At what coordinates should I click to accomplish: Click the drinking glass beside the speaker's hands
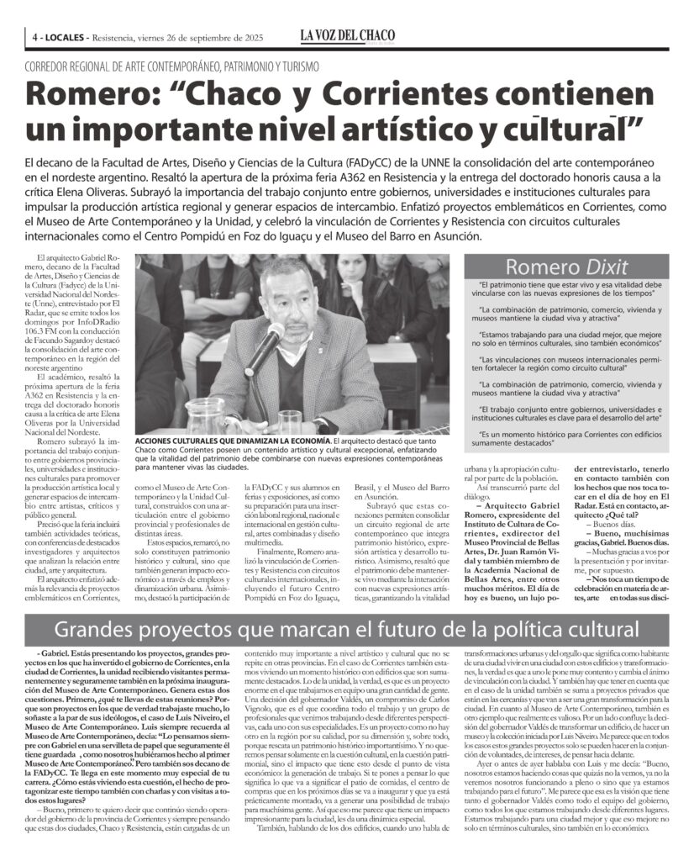pos(289,420)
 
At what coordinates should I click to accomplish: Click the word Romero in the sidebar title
pos(534,267)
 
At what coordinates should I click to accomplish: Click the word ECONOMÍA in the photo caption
pos(303,440)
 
